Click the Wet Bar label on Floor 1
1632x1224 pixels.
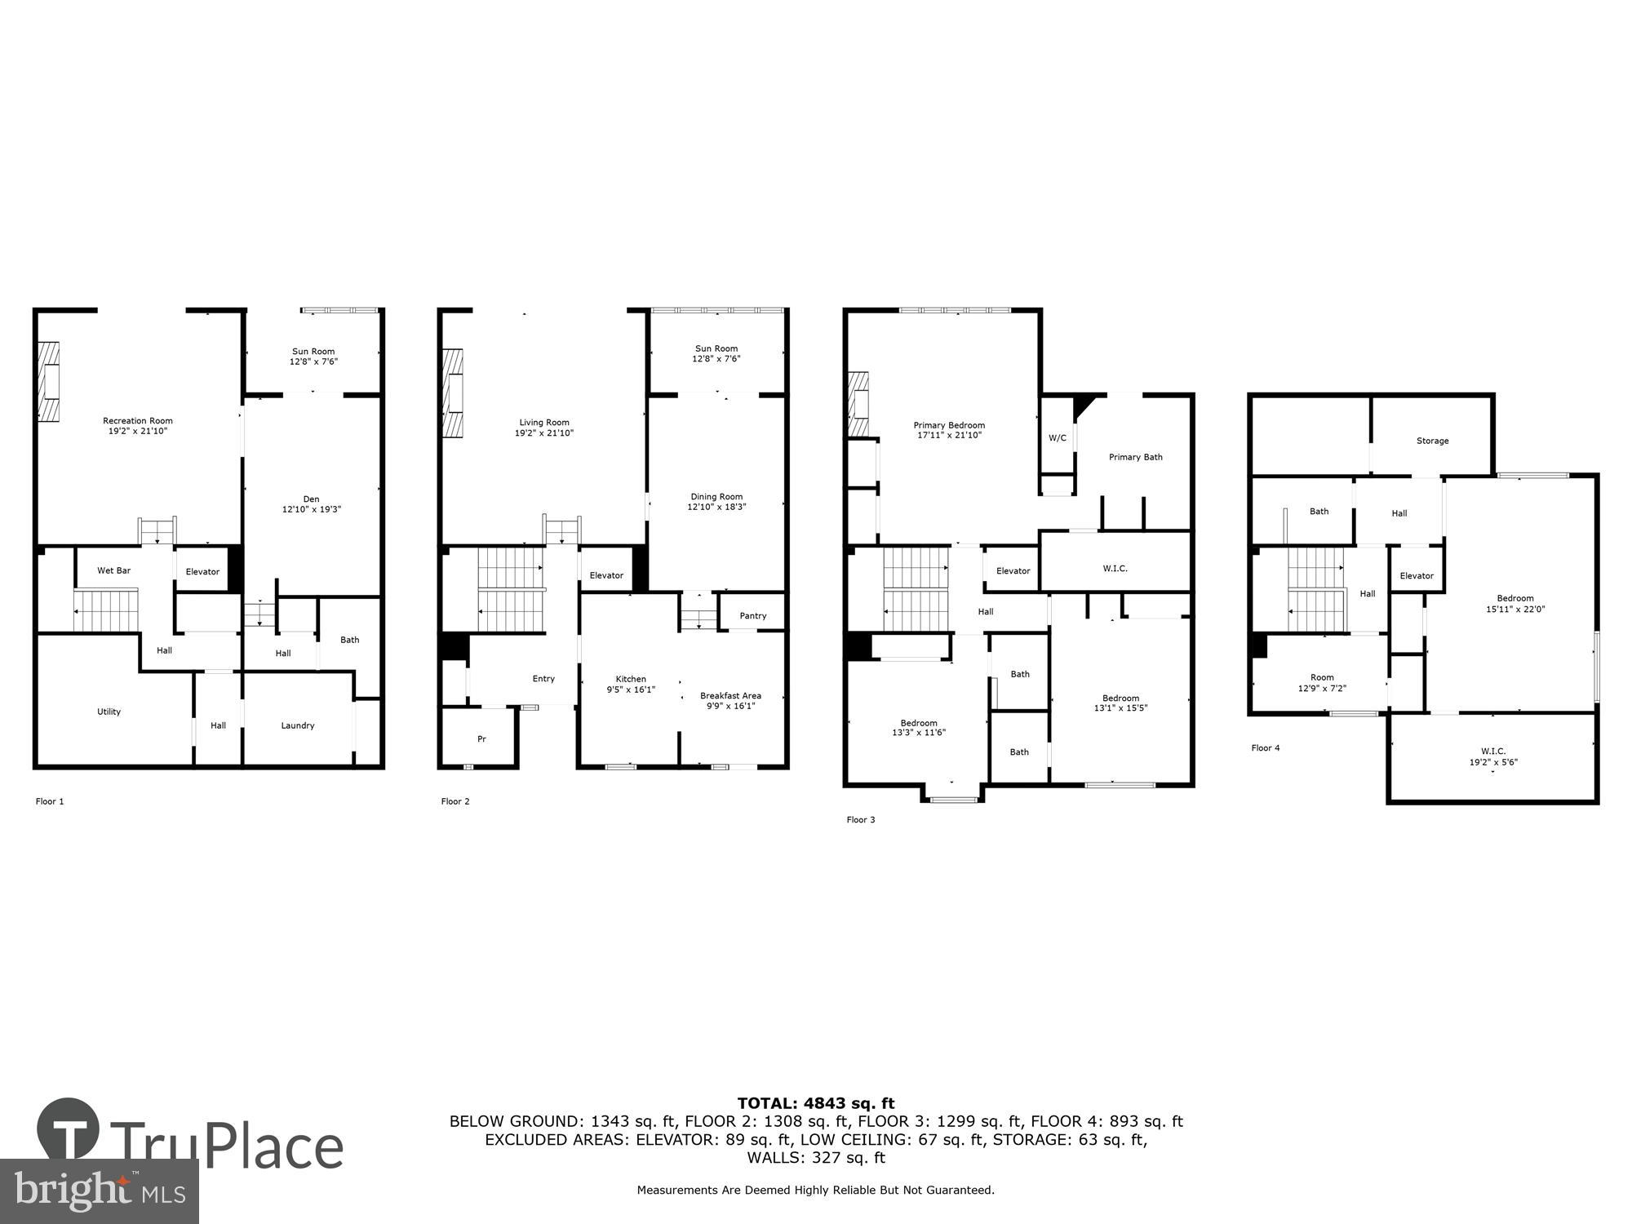coord(113,570)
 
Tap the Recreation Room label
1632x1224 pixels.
coord(137,421)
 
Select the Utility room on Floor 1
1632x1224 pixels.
coord(109,712)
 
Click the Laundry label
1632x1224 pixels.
coord(297,725)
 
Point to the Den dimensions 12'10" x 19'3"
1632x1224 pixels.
coord(311,509)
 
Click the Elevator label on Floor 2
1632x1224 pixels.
coord(606,575)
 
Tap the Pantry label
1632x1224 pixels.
coord(752,616)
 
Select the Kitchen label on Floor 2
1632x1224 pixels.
coord(630,679)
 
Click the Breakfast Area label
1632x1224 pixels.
coord(730,696)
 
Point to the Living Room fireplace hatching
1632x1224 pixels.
coord(452,392)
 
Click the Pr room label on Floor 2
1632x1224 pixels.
coord(481,739)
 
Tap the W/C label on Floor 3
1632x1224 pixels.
coord(1057,438)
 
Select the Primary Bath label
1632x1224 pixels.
coord(1135,457)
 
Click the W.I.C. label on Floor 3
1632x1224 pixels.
coord(1115,569)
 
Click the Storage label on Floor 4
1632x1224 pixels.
coord(1432,441)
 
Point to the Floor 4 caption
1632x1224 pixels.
coord(1265,748)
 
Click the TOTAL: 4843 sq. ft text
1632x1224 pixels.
coord(815,1104)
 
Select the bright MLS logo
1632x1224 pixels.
coord(99,1191)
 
